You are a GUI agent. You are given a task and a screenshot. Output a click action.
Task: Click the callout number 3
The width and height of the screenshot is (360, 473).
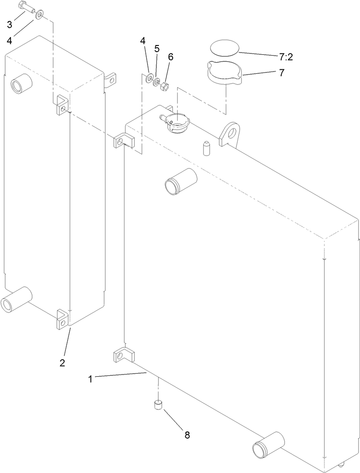tap(9, 23)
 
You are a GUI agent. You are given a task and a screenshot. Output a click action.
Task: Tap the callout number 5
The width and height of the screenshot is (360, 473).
tap(156, 49)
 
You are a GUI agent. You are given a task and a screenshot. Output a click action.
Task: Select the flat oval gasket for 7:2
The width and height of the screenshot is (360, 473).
tap(224, 47)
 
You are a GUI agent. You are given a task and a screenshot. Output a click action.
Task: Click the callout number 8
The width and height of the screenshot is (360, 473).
tap(187, 435)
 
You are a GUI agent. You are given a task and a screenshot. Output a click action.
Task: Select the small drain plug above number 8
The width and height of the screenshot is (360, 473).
tap(158, 405)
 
